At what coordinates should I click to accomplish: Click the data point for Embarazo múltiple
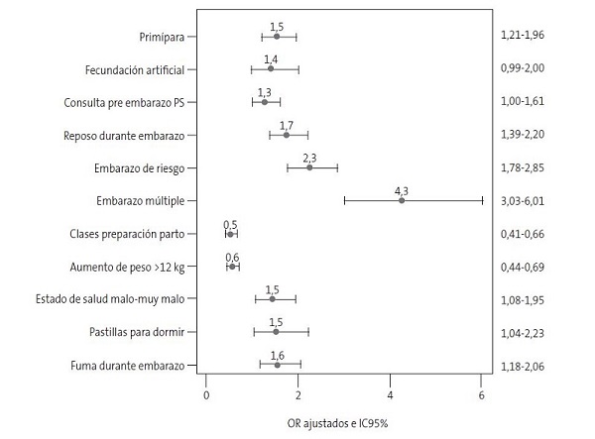click(x=402, y=200)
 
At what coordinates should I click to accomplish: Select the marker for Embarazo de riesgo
click(x=310, y=167)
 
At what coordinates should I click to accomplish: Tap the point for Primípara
click(x=276, y=37)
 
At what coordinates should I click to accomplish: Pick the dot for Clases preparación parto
click(x=230, y=234)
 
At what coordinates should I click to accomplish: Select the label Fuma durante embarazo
click(x=126, y=365)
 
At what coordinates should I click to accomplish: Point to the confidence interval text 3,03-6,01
click(x=525, y=200)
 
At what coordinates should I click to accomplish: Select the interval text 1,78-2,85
click(x=525, y=167)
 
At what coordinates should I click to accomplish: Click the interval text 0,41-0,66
click(x=525, y=234)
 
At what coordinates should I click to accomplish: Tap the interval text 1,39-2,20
click(x=525, y=135)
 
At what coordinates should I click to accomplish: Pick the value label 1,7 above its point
click(x=287, y=124)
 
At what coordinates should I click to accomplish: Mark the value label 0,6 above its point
click(x=232, y=256)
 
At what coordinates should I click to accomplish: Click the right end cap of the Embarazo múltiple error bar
click(x=483, y=200)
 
